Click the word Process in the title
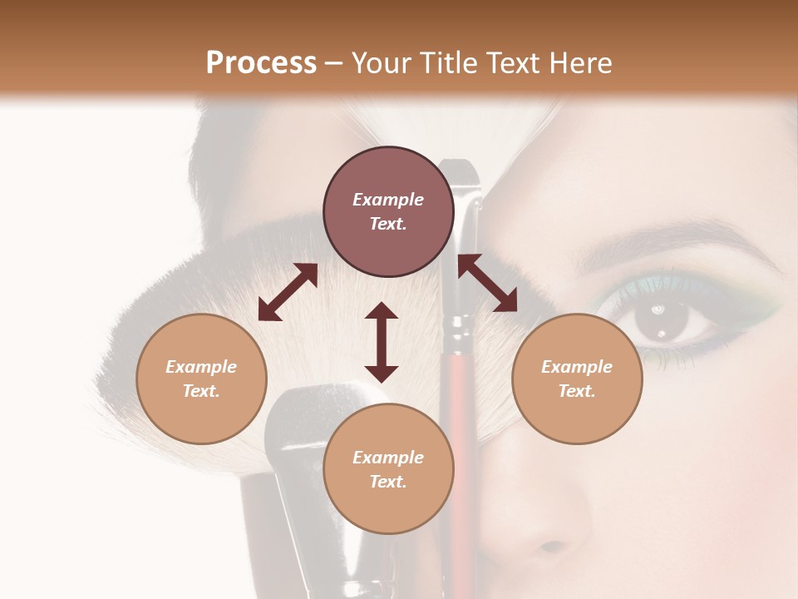click(x=261, y=63)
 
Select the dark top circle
click(x=388, y=211)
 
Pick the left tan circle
click(x=201, y=379)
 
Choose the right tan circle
click(x=577, y=379)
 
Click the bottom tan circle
click(x=388, y=468)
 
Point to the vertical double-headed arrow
click(x=382, y=342)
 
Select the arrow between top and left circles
click(x=288, y=292)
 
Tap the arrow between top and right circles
click(x=488, y=283)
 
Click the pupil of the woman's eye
click(x=663, y=320)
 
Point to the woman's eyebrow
click(x=665, y=237)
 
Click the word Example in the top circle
click(x=388, y=200)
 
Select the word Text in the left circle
click(x=201, y=391)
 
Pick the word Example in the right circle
click(x=577, y=367)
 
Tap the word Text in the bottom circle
click(x=388, y=482)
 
